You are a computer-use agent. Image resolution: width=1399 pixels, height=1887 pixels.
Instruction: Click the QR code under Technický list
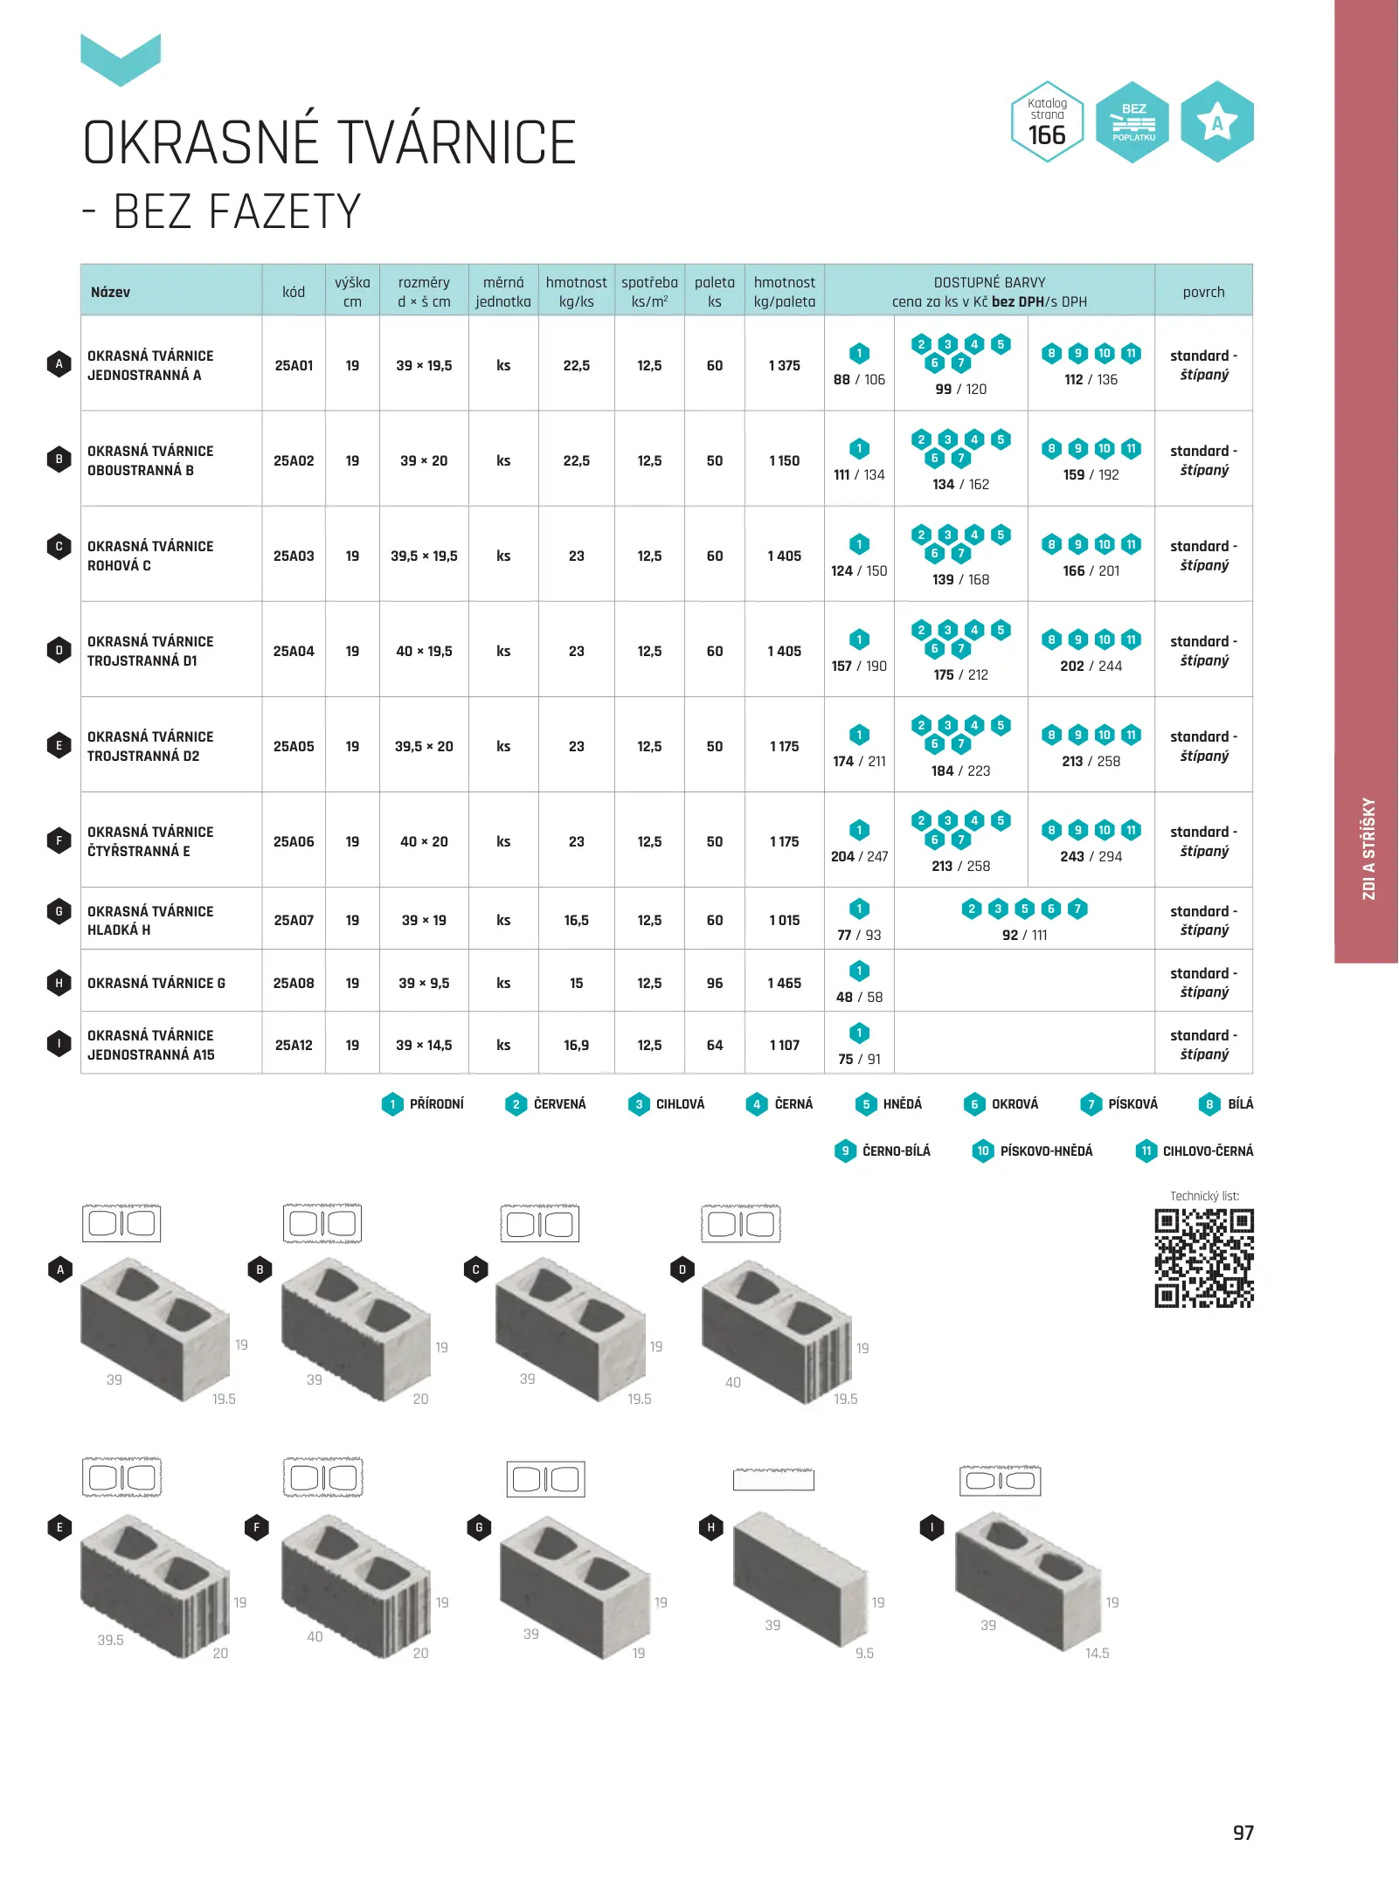coord(1204,1258)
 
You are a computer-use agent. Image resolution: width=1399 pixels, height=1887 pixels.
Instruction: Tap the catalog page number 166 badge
coord(1047,122)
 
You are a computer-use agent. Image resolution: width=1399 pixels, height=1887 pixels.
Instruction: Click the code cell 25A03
coord(294,556)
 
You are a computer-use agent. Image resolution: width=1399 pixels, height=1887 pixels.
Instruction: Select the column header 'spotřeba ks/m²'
coord(649,292)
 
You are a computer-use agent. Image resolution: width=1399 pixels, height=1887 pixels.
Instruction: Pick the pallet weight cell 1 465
coord(785,983)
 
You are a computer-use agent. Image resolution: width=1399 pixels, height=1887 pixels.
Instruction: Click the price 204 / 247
coord(859,856)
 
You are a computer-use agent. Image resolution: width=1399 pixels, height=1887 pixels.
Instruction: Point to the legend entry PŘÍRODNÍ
coord(423,1104)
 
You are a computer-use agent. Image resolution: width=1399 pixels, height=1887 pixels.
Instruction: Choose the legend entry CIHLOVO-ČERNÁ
coord(1194,1151)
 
